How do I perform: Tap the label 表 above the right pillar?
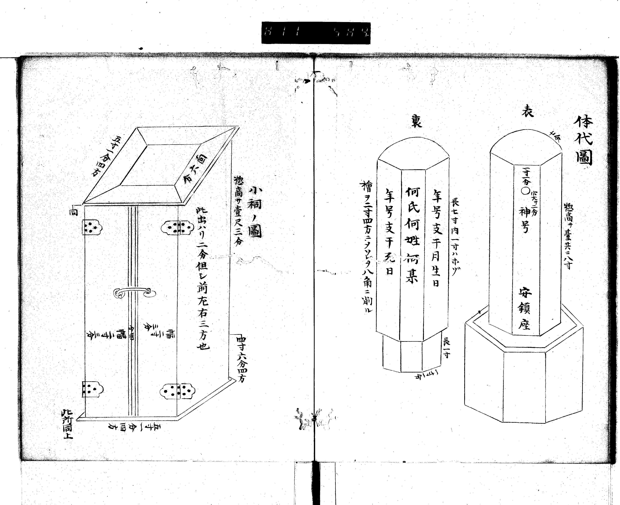coord(527,111)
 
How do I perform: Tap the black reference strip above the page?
coord(316,33)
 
